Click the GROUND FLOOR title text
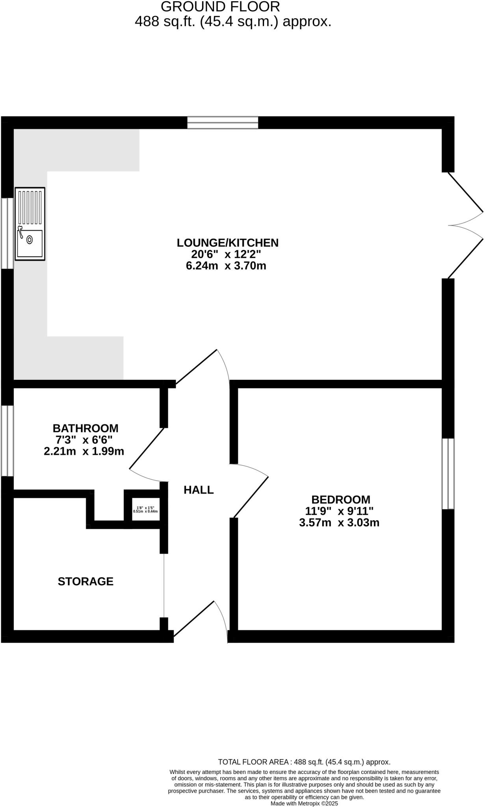(220, 7)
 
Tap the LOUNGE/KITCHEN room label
(227, 243)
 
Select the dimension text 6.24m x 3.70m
(226, 266)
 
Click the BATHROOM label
(85, 428)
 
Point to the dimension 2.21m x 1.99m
(84, 452)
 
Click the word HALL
(199, 490)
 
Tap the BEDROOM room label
(340, 500)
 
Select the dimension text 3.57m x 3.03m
(339, 523)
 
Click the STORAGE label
(85, 581)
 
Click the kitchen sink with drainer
(30, 223)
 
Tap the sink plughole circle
(30, 239)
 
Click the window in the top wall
(223, 123)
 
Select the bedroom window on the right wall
(448, 474)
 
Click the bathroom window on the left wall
(7, 441)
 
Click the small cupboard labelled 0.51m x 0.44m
(145, 509)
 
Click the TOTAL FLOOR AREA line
(304, 762)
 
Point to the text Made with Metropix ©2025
(304, 803)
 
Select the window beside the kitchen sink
(7, 233)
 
